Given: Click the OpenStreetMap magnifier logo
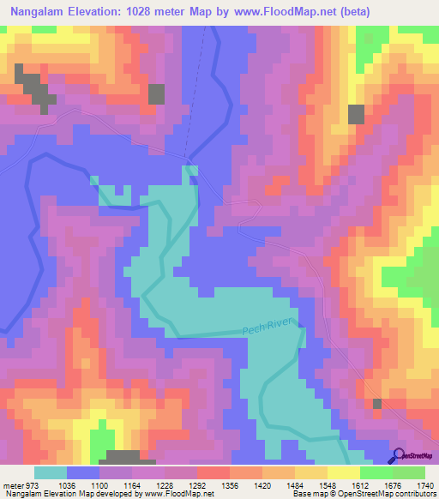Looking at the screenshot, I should pyautogui.click(x=400, y=456).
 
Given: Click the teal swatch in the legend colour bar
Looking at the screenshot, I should pyautogui.click(x=51, y=472).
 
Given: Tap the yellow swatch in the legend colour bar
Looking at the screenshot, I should pyautogui.click(x=343, y=472).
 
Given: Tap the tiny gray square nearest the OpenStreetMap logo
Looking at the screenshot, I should pyautogui.click(x=376, y=403).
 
